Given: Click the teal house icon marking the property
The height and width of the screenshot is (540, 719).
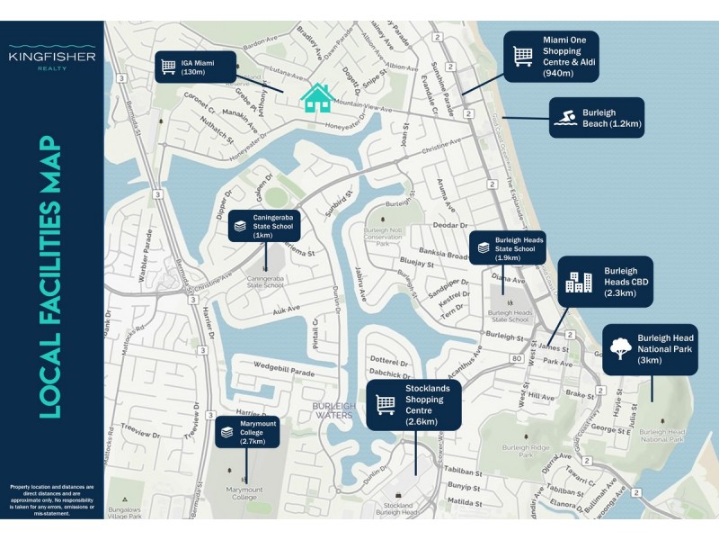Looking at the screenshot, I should (315, 97).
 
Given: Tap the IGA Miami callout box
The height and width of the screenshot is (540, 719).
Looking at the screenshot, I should (195, 67).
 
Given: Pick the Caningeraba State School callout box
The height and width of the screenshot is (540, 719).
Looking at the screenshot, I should (265, 226).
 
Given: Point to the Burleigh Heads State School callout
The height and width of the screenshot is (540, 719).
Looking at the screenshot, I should (508, 247).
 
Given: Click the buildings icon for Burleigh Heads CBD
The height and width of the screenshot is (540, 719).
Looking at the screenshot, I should (578, 283).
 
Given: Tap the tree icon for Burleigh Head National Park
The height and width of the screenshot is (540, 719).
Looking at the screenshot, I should (620, 348).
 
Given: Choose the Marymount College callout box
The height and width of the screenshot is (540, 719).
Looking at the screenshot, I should (248, 432).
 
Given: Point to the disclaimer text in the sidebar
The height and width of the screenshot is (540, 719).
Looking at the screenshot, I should (51, 500).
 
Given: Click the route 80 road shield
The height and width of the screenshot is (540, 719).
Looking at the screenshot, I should (516, 358).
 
